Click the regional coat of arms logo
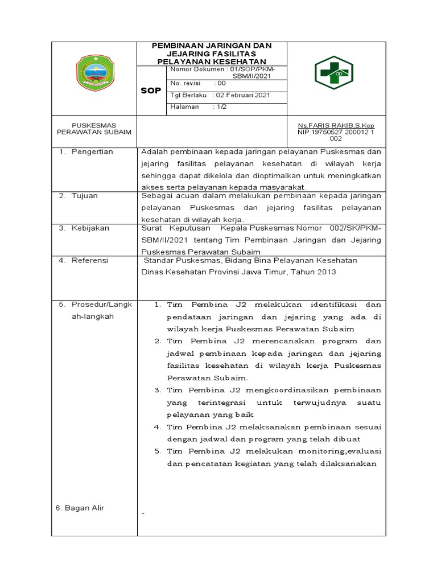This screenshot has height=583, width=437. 94,78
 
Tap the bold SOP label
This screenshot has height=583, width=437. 151,91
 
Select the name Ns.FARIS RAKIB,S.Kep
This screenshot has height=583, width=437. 336,125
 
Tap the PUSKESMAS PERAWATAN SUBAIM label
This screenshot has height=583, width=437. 94,128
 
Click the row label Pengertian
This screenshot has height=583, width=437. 92,151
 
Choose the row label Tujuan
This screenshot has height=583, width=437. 84,195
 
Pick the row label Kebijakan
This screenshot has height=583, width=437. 90,228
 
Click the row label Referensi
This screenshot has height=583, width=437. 89,260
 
